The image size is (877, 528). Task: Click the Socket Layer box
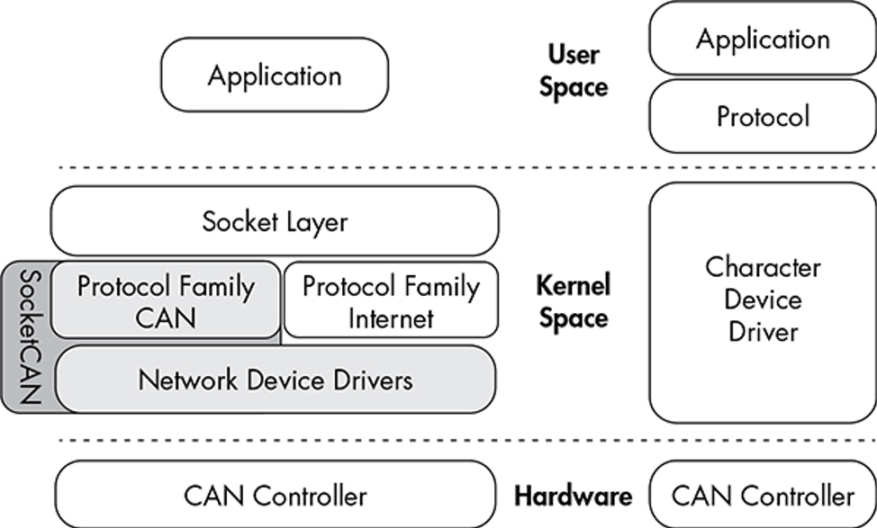click(x=275, y=221)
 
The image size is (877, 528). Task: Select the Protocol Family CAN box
click(x=166, y=300)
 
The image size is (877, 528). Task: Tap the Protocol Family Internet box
click(x=391, y=300)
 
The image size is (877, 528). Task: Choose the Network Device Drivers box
click(x=276, y=380)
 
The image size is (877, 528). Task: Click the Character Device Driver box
click(x=763, y=300)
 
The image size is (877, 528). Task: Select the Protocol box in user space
click(x=763, y=116)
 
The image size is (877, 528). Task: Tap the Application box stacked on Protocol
click(x=763, y=39)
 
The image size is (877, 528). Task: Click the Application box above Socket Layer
click(x=275, y=75)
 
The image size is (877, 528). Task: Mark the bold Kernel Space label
click(x=573, y=302)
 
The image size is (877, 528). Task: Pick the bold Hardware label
click(x=573, y=496)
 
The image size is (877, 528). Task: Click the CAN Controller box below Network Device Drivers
click(x=275, y=496)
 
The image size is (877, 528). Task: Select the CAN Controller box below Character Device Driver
click(x=763, y=496)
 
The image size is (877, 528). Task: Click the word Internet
click(x=391, y=318)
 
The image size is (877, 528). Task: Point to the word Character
click(x=763, y=267)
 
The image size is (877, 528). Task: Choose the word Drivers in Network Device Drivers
click(x=369, y=380)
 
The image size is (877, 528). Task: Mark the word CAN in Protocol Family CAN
click(x=166, y=318)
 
